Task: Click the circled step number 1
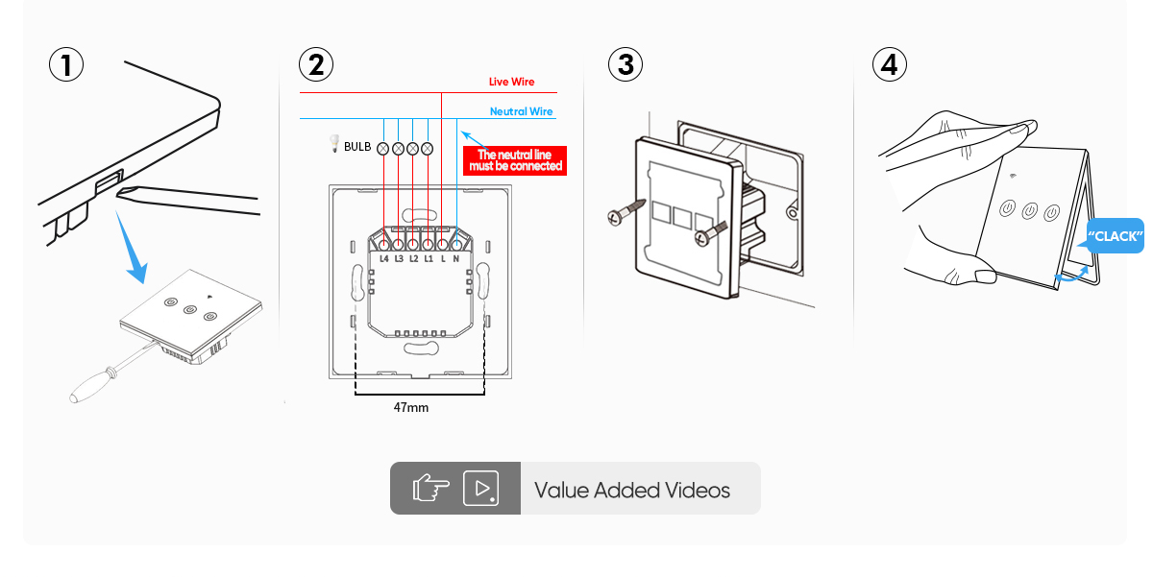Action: pos(66,65)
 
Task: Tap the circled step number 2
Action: pos(316,65)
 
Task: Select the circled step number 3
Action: pos(626,65)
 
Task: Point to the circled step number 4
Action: pos(890,65)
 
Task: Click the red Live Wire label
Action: pos(511,83)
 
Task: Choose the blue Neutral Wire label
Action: pos(521,111)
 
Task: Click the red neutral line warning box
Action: pos(515,160)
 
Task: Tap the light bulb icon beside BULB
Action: pos(334,145)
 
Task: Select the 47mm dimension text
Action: pos(411,408)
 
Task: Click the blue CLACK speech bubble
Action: pos(1116,235)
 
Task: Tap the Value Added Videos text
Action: pos(631,491)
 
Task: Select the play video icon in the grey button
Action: pos(480,489)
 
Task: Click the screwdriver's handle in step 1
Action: pos(88,385)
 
